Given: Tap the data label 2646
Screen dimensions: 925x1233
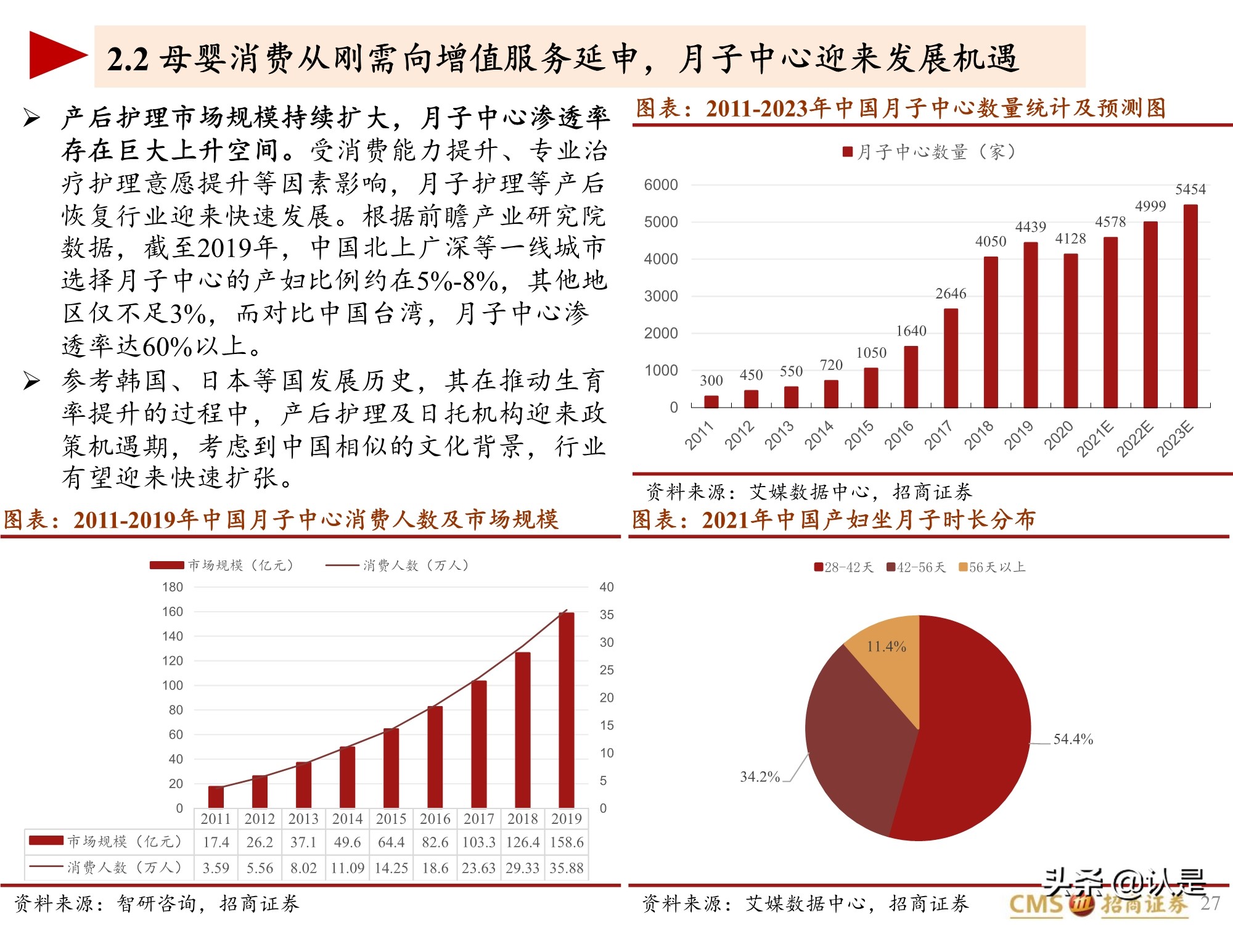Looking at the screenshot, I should pos(951,294).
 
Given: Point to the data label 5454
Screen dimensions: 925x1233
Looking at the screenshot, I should pos(1190,189).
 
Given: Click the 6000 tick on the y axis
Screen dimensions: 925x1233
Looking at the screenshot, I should pos(660,185).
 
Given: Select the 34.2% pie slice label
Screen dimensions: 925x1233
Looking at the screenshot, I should pos(760,776).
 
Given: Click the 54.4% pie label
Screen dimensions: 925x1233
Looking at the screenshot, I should pos(1073,739).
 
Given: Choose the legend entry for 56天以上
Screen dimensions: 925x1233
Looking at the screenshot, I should pos(992,567).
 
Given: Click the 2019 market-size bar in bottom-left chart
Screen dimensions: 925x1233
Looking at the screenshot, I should pos(566,709).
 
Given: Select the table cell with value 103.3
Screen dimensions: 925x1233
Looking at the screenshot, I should pos(479,842).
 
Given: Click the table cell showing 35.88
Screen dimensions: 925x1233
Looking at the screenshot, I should pos(567,868).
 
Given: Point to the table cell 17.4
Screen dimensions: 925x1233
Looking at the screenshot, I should pos(216,842).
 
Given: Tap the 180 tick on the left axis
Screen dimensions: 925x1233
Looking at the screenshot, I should pos(173,587).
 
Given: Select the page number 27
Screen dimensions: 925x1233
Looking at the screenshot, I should pos(1210,903).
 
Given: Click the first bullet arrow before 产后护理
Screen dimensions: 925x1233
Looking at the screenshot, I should pos(31,117).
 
